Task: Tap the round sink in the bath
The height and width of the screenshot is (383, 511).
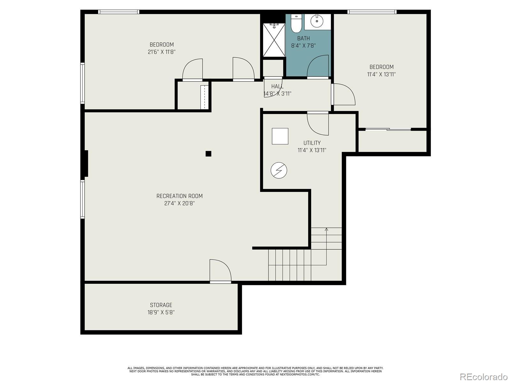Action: [317, 21]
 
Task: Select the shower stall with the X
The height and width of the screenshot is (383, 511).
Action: [274, 40]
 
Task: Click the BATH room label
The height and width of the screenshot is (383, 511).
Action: [303, 38]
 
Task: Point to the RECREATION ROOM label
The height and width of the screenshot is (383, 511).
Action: [179, 196]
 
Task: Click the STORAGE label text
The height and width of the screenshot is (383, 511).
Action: [161, 305]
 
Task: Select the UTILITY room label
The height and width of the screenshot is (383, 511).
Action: [312, 143]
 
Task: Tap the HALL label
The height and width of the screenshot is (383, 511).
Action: [277, 86]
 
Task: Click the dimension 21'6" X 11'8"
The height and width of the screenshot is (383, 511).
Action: [162, 52]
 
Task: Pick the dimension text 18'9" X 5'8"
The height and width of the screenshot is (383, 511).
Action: [161, 312]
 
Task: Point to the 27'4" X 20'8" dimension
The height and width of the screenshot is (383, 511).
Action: [179, 204]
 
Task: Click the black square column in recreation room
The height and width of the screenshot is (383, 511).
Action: [208, 154]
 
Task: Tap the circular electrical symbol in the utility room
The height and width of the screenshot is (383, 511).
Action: [279, 170]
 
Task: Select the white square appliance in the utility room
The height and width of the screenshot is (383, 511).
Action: [280, 136]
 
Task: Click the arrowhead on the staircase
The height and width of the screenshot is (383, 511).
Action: [326, 229]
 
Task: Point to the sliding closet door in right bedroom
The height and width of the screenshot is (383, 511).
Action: [388, 129]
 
